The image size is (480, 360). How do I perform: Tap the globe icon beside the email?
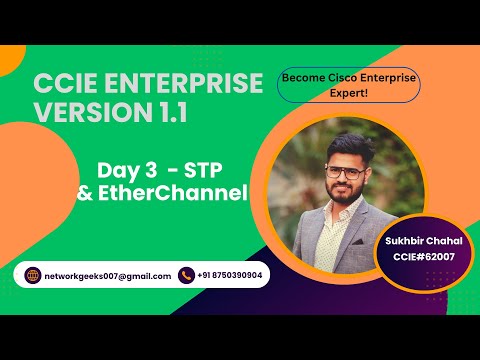point(32,275)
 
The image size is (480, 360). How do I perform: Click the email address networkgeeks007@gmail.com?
point(107,276)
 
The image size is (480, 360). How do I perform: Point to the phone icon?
point(186,275)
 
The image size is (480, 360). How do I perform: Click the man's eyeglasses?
point(347,173)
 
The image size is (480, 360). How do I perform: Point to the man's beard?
point(347,196)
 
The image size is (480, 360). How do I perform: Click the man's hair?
point(345,146)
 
